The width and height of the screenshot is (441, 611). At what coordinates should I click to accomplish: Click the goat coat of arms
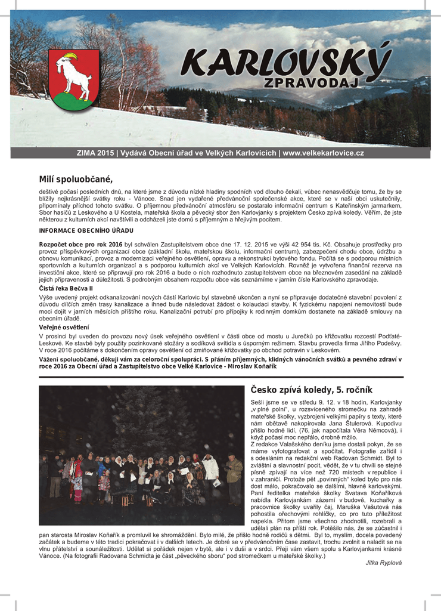(x=73, y=79)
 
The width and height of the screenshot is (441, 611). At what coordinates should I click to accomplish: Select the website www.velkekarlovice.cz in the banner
(x=323, y=153)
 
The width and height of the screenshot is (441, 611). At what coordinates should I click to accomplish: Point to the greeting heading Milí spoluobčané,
(x=76, y=180)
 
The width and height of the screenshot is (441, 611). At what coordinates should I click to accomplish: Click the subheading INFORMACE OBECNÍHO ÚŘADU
(x=86, y=230)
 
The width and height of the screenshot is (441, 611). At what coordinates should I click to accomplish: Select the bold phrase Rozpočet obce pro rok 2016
(x=80, y=245)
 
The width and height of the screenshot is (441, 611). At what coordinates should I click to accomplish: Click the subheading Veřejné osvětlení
(x=64, y=328)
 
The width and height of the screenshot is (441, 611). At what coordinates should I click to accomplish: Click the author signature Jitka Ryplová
(x=384, y=563)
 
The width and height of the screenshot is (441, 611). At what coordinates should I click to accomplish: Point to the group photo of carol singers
(x=142, y=455)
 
